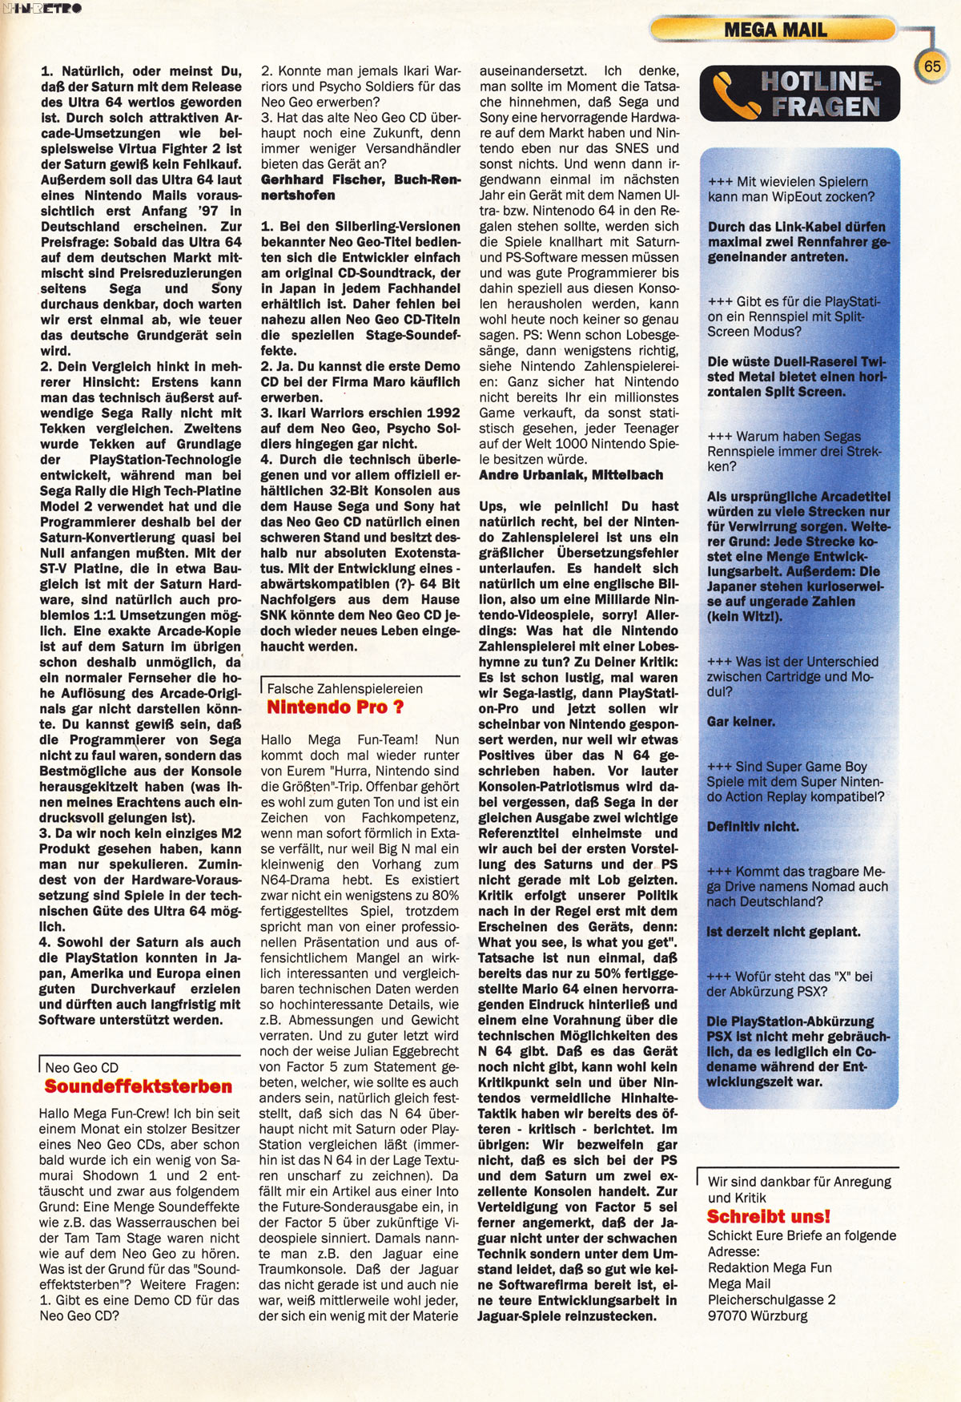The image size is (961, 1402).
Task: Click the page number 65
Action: pos(932,66)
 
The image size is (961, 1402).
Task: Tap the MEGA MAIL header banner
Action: pos(774,30)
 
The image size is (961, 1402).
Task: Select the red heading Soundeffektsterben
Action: pos(139,1087)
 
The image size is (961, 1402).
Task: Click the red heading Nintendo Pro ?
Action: pos(335,707)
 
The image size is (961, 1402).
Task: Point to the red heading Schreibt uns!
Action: pos(769,1216)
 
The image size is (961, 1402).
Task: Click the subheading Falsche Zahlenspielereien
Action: pos(344,688)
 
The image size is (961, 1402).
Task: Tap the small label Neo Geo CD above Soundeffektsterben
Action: pos(81,1068)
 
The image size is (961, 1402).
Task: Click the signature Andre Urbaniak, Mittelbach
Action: pos(571,475)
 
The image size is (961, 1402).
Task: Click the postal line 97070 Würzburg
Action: pos(758,1315)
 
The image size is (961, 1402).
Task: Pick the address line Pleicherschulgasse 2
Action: pos(771,1299)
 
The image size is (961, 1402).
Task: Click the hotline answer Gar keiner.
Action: pos(741,722)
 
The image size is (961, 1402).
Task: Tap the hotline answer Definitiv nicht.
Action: pos(753,827)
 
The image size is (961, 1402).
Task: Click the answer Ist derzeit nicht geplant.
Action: pos(783,932)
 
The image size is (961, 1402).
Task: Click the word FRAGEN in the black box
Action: pos(825,107)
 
